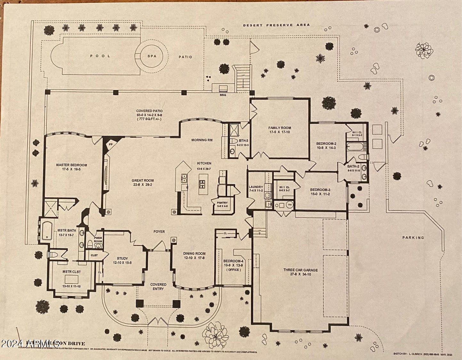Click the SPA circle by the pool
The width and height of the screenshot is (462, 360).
[x=152, y=56]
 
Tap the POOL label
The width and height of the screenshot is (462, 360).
[x=100, y=56]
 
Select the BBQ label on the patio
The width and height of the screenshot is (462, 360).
[x=223, y=95]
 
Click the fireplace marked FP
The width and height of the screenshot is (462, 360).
[x=111, y=144]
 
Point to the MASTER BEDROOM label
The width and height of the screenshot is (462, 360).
[x=71, y=165]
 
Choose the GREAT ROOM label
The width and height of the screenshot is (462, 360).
[x=143, y=180]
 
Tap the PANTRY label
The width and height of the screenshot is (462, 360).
[x=222, y=203]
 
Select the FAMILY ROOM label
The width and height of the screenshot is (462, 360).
[x=280, y=128]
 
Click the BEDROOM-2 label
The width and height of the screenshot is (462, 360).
[x=326, y=143]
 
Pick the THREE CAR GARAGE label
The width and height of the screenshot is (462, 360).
[x=300, y=270]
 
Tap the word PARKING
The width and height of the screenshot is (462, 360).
[x=413, y=237]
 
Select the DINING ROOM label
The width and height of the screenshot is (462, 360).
[x=194, y=253]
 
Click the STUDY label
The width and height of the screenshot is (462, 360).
[x=122, y=259]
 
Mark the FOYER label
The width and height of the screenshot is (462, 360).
[x=159, y=231]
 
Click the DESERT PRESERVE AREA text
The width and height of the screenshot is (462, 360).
[x=276, y=25]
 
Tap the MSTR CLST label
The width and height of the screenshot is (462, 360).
[x=71, y=272]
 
